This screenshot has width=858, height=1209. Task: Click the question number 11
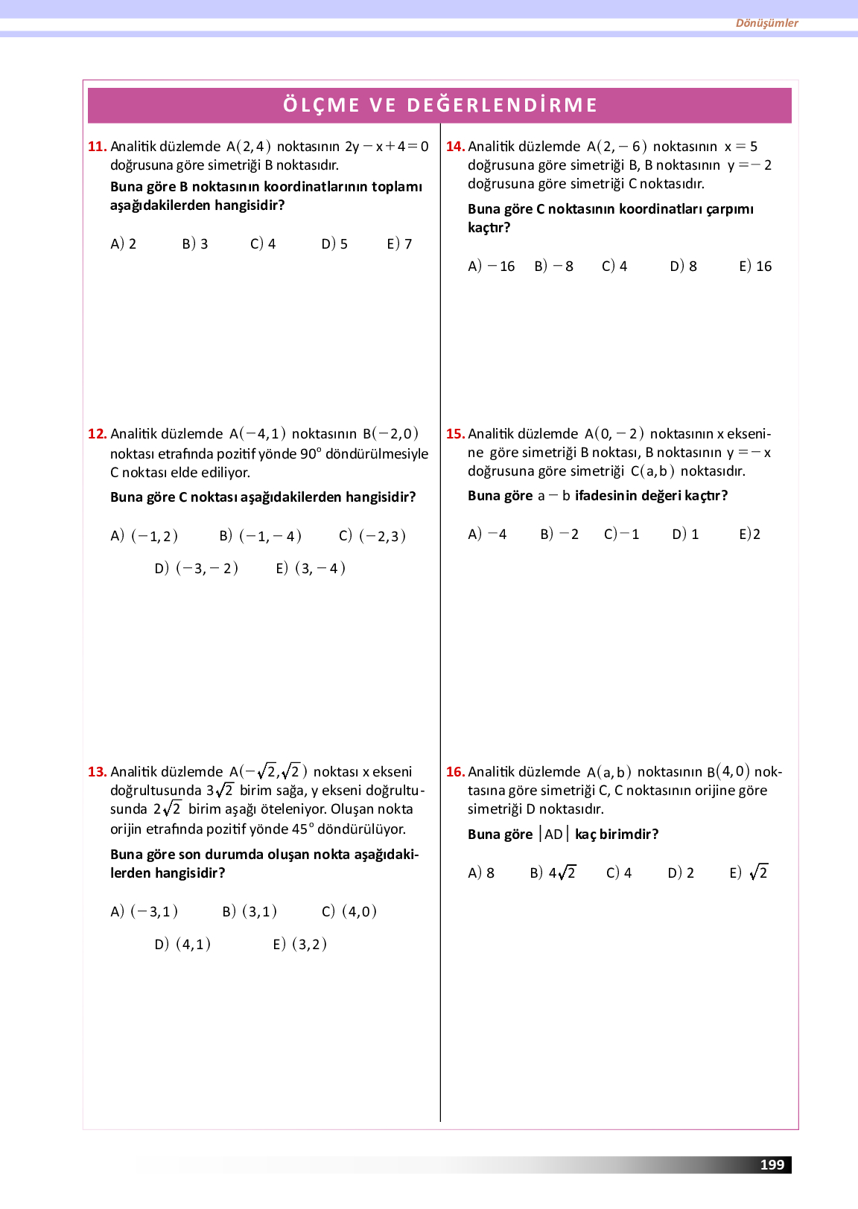[97, 147]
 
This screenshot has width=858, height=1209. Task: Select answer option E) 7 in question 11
[399, 244]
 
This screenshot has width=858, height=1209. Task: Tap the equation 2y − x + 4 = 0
[387, 147]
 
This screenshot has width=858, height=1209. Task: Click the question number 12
[97, 434]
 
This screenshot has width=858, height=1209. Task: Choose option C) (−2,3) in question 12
[372, 536]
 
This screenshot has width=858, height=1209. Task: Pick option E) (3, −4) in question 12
[311, 569]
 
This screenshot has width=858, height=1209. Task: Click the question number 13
[97, 772]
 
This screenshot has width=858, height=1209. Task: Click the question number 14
[455, 147]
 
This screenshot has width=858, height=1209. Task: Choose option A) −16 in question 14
[491, 267]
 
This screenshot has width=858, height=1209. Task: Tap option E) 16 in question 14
[755, 267]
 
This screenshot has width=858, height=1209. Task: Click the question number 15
[455, 434]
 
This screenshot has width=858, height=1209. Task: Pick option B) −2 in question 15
[559, 535]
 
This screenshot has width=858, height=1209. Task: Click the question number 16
[455, 772]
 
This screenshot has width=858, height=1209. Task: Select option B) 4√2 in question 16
[553, 873]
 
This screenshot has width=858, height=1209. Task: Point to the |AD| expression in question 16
[553, 835]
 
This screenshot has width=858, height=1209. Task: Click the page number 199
[772, 1165]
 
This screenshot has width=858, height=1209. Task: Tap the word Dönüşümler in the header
[766, 23]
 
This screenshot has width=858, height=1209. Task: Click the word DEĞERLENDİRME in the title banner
[502, 105]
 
